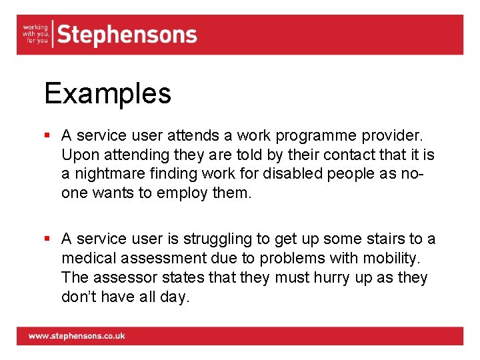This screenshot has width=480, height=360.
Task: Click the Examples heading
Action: pos(107,93)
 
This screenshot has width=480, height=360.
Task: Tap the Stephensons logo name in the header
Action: pos(127,35)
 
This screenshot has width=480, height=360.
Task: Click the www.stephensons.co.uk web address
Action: pos(76,336)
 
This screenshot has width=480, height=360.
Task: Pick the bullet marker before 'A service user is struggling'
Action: pos(48,239)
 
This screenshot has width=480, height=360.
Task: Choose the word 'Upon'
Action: pos(77,155)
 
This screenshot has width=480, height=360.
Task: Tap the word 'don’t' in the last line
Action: pos(78,297)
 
